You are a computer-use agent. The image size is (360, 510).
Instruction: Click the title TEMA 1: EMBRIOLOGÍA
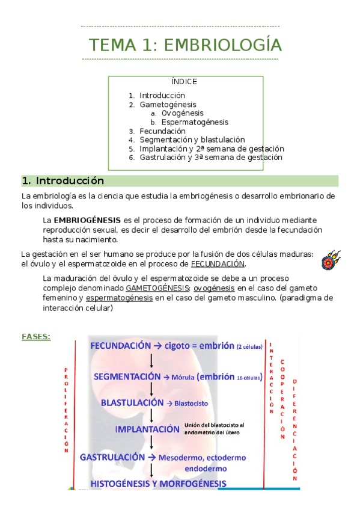(x=185, y=45)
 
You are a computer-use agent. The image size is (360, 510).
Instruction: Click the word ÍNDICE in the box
(x=185, y=82)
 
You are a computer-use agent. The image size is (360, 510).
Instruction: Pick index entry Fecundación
(x=162, y=131)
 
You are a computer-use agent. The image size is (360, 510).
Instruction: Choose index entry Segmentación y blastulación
(x=192, y=140)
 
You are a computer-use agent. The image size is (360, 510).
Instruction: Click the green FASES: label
(x=36, y=337)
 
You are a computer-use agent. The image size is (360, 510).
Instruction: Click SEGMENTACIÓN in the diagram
(x=127, y=376)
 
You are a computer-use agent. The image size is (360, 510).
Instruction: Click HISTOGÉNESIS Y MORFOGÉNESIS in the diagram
(x=158, y=483)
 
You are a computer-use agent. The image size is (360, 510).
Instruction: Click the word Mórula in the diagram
(x=185, y=377)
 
